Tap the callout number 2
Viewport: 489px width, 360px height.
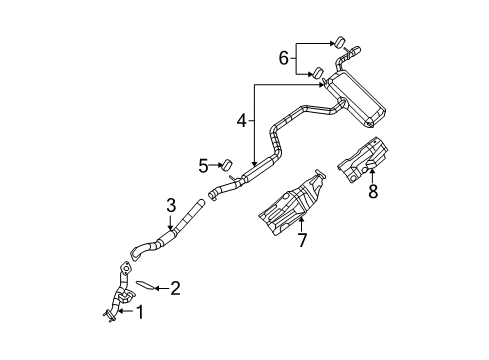pos(175,290)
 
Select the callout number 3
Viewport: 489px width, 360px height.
pos(171,206)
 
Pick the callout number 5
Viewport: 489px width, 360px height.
pos(202,165)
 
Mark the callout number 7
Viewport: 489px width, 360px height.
pos(299,240)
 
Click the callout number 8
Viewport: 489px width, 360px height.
pos(373,190)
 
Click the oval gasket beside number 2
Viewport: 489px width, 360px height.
pos(146,285)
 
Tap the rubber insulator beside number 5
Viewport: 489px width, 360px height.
pos(226,164)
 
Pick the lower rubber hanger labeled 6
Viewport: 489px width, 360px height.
pos(317,72)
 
